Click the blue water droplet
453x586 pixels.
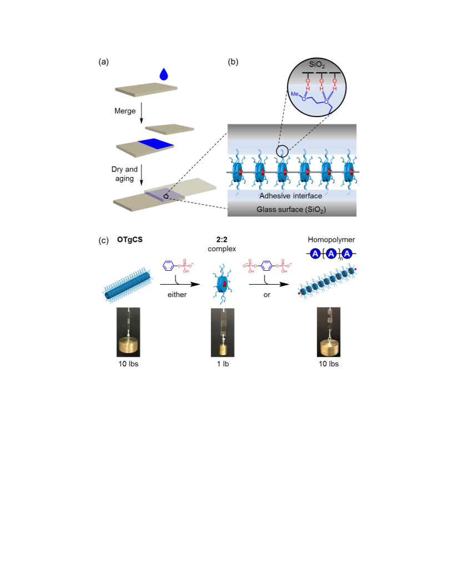coord(164,74)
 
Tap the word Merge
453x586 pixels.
coord(125,111)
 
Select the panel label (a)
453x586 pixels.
coord(103,62)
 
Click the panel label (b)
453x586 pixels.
coord(233,62)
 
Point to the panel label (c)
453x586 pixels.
coord(103,240)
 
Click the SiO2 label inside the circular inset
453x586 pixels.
coord(317,65)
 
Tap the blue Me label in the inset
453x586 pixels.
coord(295,94)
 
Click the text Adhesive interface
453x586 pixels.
coord(291,196)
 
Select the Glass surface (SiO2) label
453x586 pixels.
coord(291,210)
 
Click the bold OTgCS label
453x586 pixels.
coord(130,240)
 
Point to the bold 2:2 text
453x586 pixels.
coord(222,240)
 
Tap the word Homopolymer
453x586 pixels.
coord(331,240)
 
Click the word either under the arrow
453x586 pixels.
coord(177,295)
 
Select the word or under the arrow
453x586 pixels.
coord(266,295)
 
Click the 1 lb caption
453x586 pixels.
coord(223,364)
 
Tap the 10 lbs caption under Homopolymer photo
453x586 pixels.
coord(329,364)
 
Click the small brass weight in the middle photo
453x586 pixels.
coord(223,350)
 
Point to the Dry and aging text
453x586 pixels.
coord(124,174)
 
